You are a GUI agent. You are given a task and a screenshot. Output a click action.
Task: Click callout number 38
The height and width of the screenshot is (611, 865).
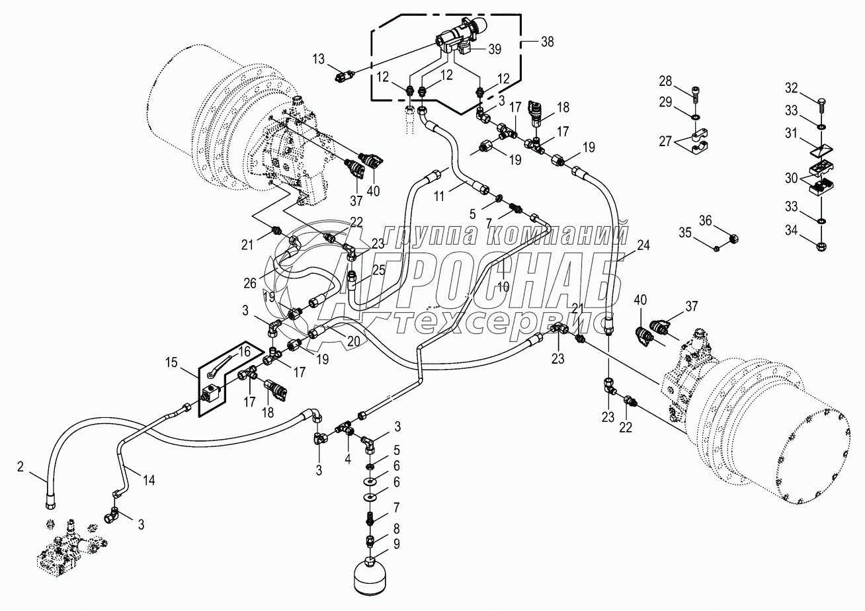pos(547,41)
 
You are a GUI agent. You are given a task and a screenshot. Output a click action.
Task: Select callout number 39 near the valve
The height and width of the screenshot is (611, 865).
pos(495,50)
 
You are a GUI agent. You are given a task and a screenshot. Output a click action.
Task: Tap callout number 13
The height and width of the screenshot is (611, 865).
pos(319,59)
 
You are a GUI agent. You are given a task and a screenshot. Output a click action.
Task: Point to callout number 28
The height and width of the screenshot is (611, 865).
pos(665,81)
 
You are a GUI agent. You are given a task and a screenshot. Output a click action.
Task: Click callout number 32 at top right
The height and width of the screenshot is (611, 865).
pos(792,88)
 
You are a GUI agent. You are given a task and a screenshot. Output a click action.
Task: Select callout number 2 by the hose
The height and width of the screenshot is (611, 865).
pos(21,467)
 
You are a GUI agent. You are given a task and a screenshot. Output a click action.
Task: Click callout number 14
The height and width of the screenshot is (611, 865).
pos(149,481)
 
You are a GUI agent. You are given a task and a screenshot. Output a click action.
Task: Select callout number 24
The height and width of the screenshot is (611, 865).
pos(643,245)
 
